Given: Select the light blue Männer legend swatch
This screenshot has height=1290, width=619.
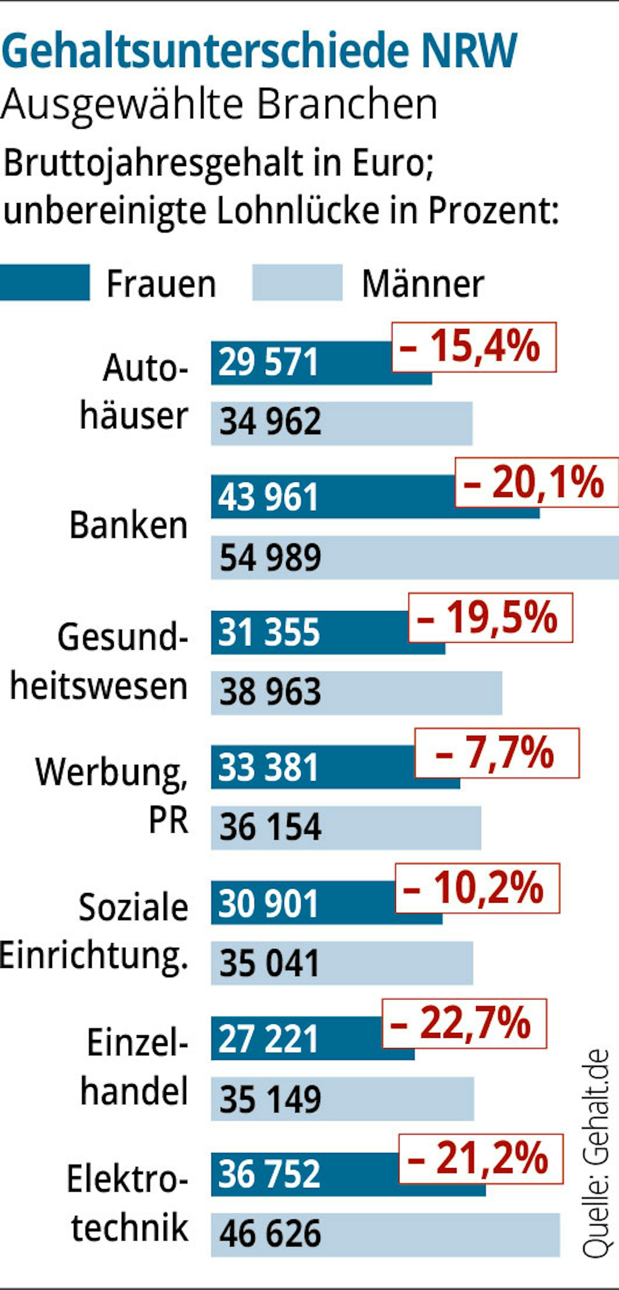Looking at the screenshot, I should [297, 283].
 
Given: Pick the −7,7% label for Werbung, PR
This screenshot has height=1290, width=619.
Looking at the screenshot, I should [496, 753].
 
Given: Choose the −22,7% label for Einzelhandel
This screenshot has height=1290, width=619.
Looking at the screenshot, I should [464, 1023].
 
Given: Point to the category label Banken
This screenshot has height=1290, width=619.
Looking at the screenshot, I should [128, 526].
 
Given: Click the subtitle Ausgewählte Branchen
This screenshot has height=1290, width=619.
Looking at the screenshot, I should [219, 104].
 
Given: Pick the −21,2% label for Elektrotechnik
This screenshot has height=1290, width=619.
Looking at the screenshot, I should [480, 1158].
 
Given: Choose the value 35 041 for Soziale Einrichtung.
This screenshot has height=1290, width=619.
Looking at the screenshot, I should [269, 963].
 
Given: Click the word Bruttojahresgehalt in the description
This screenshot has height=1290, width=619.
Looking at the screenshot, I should [153, 164].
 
